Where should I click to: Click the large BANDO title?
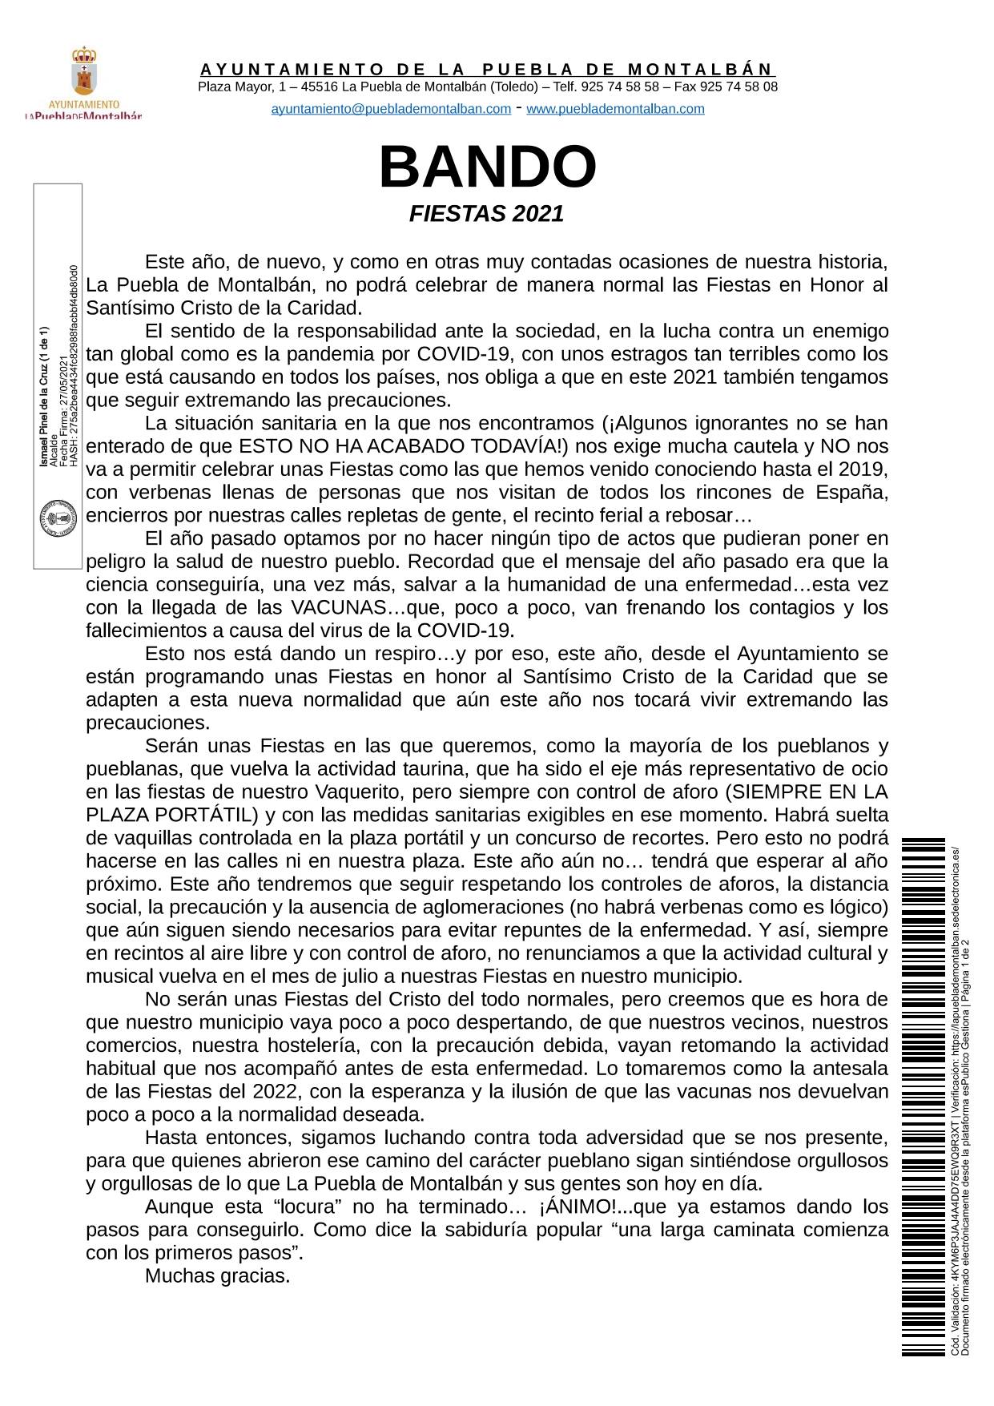(x=488, y=167)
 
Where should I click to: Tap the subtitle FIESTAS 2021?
(x=487, y=214)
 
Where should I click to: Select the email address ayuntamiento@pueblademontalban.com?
(x=391, y=109)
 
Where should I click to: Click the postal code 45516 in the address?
(x=320, y=87)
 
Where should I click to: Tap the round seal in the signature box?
(x=58, y=520)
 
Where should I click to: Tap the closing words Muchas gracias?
(x=217, y=1275)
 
